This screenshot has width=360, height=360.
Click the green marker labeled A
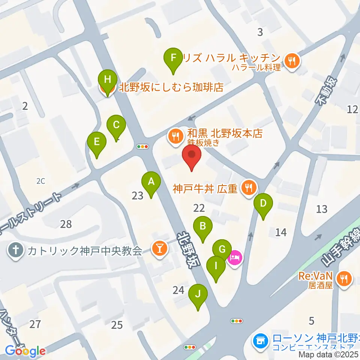pyautogui.click(x=151, y=182)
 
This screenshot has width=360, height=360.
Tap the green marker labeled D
pyautogui.click(x=263, y=204)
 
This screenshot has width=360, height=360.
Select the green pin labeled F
pyautogui.click(x=173, y=58)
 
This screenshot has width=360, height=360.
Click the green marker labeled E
pyautogui.click(x=97, y=142)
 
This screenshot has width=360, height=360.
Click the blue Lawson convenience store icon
pyautogui.click(x=259, y=340)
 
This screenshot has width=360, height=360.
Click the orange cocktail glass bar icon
pyautogui.click(x=159, y=249)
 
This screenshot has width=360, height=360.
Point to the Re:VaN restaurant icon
pyautogui.click(x=343, y=278)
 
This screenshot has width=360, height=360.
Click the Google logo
pyautogui.click(x=25, y=351)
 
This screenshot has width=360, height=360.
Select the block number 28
pyautogui.click(x=66, y=224)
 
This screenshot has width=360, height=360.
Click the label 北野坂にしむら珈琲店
pyautogui.click(x=171, y=88)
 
